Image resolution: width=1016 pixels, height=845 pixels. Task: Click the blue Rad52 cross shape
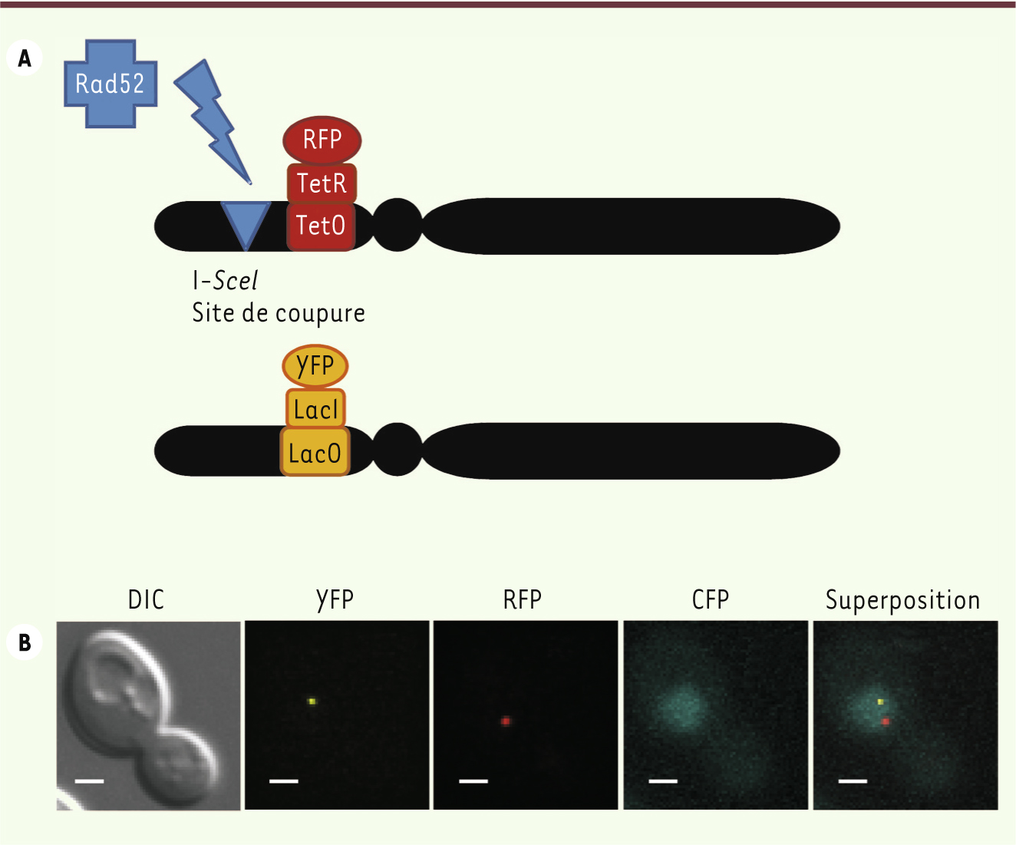point(111,84)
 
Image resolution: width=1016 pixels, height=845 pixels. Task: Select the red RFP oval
point(322,140)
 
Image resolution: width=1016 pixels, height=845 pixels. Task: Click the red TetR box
point(322,183)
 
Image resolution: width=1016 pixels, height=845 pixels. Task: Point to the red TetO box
point(321,226)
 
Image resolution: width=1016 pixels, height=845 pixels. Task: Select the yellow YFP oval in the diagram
point(315,366)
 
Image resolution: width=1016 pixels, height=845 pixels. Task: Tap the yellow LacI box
point(316,408)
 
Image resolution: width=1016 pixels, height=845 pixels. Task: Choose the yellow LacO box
point(315,452)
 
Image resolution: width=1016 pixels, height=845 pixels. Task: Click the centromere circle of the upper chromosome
point(397,225)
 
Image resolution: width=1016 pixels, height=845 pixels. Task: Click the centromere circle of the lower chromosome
point(397,449)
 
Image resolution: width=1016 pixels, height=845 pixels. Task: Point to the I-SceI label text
point(225,281)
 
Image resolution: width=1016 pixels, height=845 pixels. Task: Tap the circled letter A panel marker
point(25,58)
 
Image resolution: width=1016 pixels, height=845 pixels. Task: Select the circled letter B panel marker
point(25,642)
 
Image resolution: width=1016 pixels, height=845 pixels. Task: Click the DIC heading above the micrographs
point(146,599)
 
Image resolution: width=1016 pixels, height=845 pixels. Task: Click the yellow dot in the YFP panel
point(312,701)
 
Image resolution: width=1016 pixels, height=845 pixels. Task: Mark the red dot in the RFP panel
point(506,721)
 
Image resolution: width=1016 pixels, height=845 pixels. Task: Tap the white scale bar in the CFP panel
point(663,781)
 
